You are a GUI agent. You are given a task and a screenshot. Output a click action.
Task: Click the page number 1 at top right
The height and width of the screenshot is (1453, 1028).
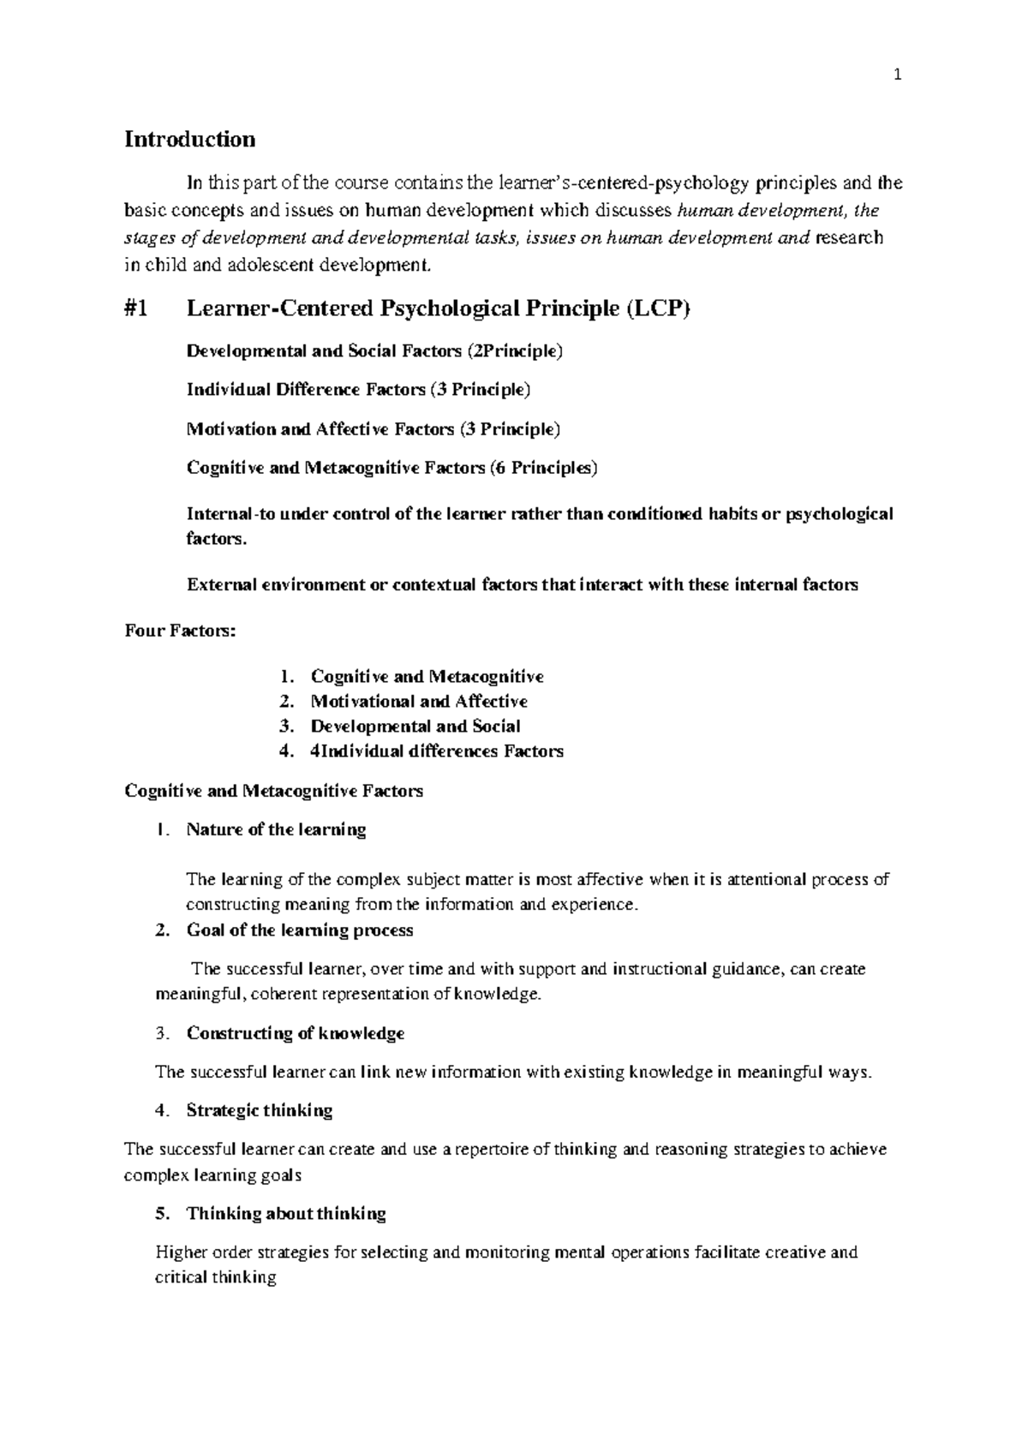click(x=897, y=75)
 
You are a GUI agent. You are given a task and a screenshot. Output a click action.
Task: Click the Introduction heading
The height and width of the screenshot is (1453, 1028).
click(x=189, y=139)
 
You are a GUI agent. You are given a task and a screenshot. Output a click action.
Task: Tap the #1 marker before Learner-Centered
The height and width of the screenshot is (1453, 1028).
click(x=136, y=309)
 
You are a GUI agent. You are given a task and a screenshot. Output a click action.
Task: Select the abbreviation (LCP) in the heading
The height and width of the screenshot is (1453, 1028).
click(x=657, y=309)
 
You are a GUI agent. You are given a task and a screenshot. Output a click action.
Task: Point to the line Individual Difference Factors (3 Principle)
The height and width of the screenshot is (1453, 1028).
click(x=358, y=390)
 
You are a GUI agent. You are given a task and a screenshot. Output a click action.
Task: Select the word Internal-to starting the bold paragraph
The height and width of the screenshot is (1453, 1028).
click(x=219, y=514)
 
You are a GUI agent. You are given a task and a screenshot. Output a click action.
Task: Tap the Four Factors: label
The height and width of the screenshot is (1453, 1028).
click(x=179, y=631)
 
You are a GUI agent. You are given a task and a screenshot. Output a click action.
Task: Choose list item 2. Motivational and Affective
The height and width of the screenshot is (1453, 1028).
click(x=418, y=702)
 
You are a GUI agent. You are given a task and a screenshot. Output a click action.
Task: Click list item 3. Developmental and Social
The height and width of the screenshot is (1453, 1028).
click(x=415, y=726)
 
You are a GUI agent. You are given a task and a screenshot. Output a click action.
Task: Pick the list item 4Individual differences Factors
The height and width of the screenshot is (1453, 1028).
click(x=437, y=751)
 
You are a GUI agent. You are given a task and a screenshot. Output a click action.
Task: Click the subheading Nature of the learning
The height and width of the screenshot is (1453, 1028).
click(x=276, y=829)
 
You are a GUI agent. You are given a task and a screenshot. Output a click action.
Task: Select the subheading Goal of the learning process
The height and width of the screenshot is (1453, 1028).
click(x=299, y=930)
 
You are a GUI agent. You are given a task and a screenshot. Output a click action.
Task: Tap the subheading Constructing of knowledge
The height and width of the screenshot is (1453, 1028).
click(x=295, y=1033)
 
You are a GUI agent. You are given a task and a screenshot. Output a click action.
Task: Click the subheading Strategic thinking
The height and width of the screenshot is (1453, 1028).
click(x=259, y=1110)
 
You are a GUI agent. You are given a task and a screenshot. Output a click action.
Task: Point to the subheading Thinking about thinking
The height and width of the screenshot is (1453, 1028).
click(x=285, y=1213)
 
